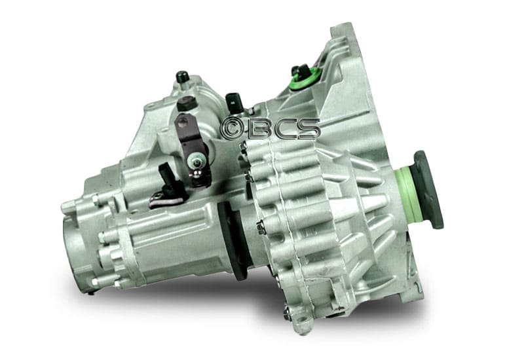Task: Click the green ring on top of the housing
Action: (x=305, y=80)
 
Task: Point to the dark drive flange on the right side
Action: (x=428, y=189)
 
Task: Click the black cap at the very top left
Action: (x=182, y=77)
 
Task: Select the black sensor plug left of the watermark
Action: (x=233, y=102)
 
